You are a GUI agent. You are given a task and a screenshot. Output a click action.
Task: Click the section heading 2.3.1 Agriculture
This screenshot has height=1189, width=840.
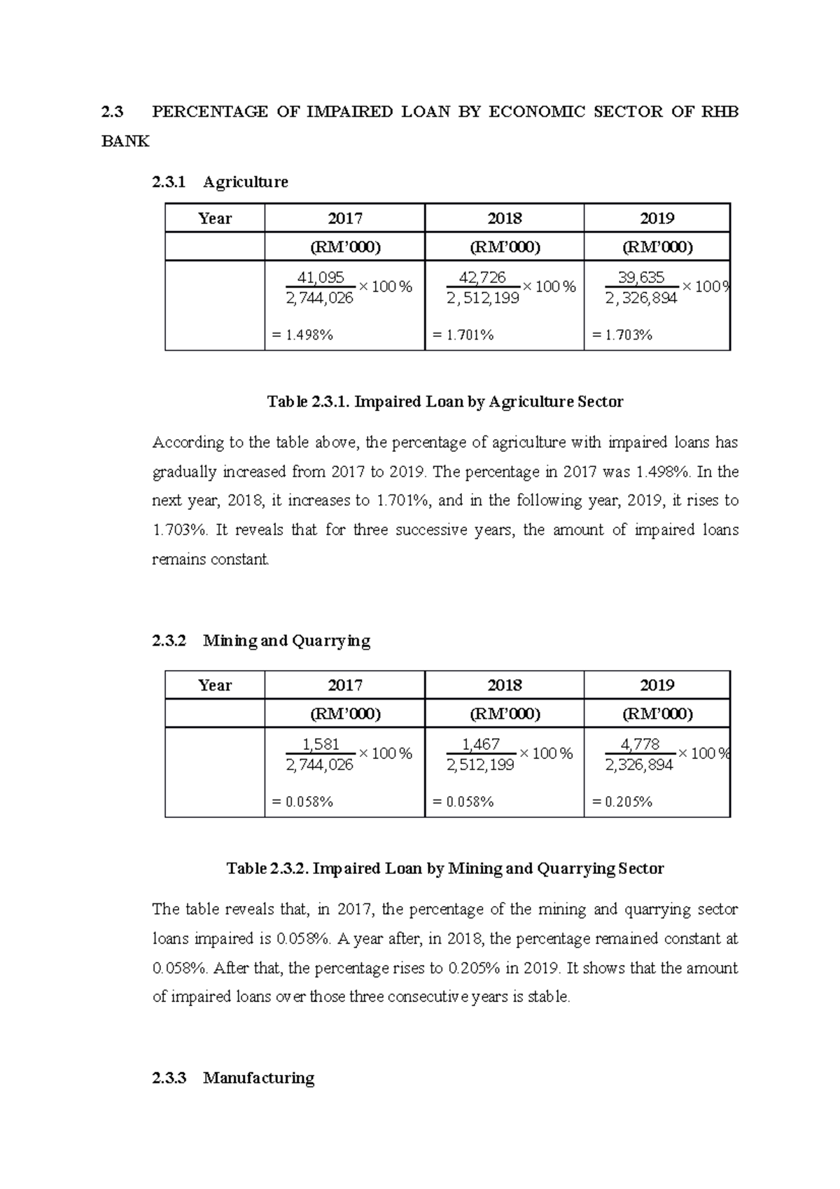pos(220,182)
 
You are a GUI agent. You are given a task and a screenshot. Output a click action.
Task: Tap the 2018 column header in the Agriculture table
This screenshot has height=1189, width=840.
pos(504,218)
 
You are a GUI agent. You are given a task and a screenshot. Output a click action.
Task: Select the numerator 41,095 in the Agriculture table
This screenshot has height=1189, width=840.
pos(321,277)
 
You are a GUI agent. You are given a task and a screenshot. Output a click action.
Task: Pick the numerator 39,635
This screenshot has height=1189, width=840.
pos(640,277)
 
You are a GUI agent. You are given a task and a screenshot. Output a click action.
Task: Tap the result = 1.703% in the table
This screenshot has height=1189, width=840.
pos(622,335)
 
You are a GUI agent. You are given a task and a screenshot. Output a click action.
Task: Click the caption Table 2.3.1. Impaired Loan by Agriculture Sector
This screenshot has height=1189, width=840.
pos(445,402)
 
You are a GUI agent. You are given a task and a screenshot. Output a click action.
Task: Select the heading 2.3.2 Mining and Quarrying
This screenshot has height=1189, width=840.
pos(260,641)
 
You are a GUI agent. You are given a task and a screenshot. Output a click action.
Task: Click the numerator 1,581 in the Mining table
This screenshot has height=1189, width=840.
pos(321,744)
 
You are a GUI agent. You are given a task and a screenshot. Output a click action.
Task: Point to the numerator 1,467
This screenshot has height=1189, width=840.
pos(481,744)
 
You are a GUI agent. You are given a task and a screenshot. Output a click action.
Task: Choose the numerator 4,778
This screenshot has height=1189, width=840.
pos(640,744)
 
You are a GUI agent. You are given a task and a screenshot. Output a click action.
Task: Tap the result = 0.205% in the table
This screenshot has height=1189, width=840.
pos(622,802)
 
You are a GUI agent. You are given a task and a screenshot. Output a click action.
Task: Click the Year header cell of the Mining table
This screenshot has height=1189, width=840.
pos(215,686)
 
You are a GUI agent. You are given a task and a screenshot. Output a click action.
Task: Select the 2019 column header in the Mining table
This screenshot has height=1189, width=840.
pos(657,686)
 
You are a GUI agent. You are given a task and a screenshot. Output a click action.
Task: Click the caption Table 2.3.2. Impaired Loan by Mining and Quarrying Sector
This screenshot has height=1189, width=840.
pos(445,869)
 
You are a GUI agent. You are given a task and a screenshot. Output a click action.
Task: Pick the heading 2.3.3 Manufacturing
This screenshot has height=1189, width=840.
pos(233,1078)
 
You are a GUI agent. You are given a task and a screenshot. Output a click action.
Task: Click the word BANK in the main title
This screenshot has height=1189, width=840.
pos(125,141)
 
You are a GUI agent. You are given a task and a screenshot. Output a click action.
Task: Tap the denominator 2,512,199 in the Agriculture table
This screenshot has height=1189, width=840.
pos(483,298)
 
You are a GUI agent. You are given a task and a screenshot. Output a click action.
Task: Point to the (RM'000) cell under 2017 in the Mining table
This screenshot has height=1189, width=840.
pos(345,714)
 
